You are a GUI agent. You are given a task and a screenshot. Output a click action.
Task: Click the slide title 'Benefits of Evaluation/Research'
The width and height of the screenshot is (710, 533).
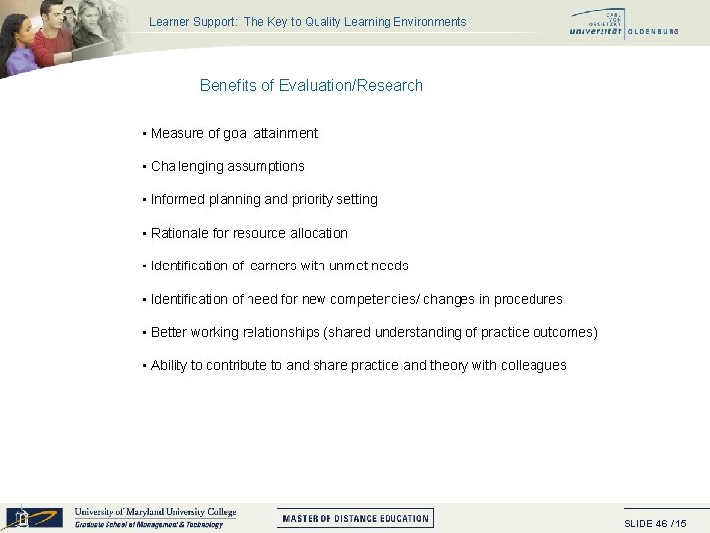pyautogui.click(x=311, y=85)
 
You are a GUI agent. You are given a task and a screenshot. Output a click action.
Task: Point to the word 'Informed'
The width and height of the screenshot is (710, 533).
pyautogui.click(x=177, y=199)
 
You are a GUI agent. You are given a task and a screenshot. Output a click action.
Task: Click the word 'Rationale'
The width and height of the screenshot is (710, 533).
pyautogui.click(x=179, y=233)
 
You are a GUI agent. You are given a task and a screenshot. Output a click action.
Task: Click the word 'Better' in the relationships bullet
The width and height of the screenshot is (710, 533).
pyautogui.click(x=169, y=332)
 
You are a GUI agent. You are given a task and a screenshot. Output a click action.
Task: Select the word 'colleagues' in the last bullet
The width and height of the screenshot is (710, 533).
pyautogui.click(x=533, y=365)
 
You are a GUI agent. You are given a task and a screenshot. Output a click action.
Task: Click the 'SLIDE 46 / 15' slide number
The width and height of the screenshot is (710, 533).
pyautogui.click(x=656, y=523)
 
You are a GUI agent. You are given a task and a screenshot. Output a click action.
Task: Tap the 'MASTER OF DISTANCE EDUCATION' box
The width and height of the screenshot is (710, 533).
pyautogui.click(x=355, y=518)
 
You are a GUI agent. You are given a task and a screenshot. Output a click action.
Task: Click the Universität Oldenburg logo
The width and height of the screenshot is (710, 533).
pyautogui.click(x=623, y=23)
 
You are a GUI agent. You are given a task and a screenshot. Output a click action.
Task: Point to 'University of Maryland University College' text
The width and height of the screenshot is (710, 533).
pyautogui.click(x=155, y=512)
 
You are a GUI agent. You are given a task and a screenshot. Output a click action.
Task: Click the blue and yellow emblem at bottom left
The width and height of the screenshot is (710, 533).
pyautogui.click(x=35, y=517)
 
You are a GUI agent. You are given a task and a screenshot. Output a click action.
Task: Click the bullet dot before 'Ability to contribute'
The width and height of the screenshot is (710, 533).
pyautogui.click(x=144, y=366)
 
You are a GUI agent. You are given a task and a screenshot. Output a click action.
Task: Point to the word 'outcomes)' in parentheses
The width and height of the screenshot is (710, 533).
pyautogui.click(x=564, y=332)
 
